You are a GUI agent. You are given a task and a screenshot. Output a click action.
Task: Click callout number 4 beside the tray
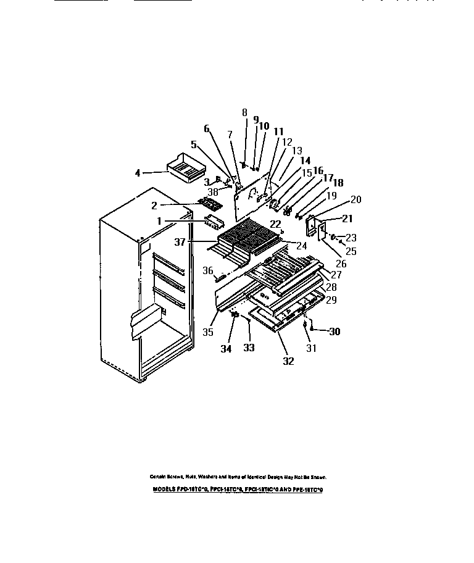click(138, 173)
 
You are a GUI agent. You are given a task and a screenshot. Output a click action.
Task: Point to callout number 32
click(288, 362)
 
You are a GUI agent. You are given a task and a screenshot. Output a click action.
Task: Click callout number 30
click(334, 332)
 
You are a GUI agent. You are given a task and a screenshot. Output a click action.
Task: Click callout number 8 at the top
click(244, 112)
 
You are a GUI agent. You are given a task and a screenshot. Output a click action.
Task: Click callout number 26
click(341, 263)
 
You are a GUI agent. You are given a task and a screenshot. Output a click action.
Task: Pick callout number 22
click(275, 224)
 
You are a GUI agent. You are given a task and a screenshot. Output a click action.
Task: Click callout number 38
click(212, 191)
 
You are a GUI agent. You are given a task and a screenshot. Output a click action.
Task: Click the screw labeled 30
click(312, 332)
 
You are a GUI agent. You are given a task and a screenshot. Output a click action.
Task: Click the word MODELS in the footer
click(164, 489)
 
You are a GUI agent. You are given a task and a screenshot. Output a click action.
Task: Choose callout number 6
click(207, 128)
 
